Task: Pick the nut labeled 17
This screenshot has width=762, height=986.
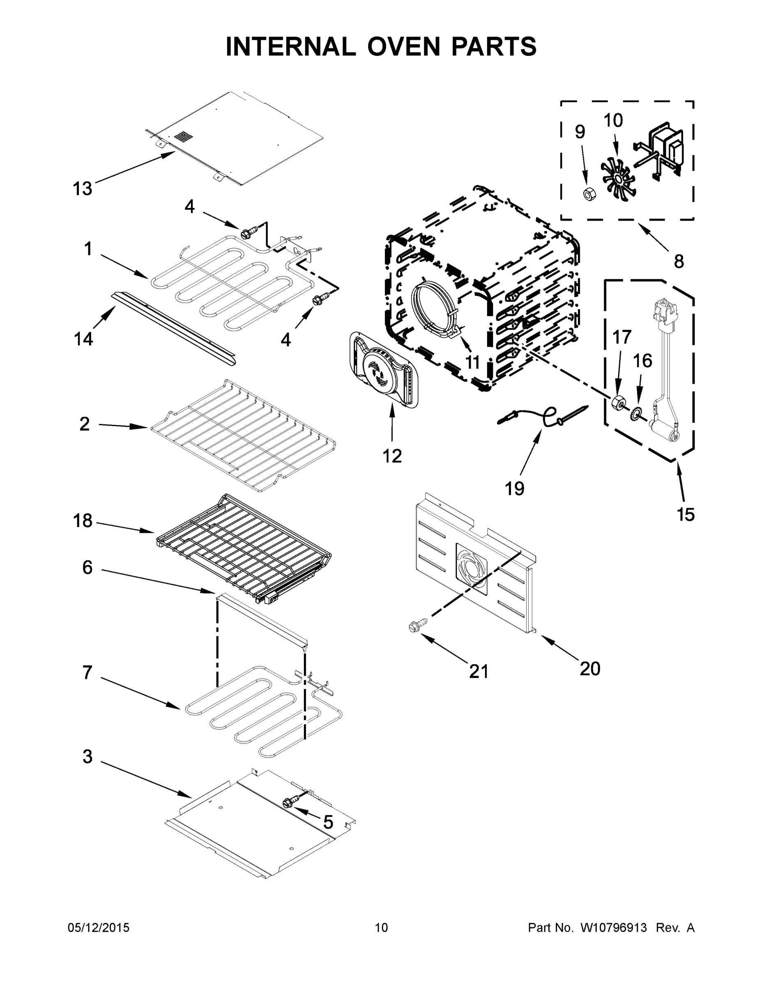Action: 617,402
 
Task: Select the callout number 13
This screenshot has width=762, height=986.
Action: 82,189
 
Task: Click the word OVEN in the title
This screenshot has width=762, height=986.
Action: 403,46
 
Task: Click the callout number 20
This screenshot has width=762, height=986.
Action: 589,668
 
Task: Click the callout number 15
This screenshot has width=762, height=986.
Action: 686,514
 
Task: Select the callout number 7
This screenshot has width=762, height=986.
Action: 87,672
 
